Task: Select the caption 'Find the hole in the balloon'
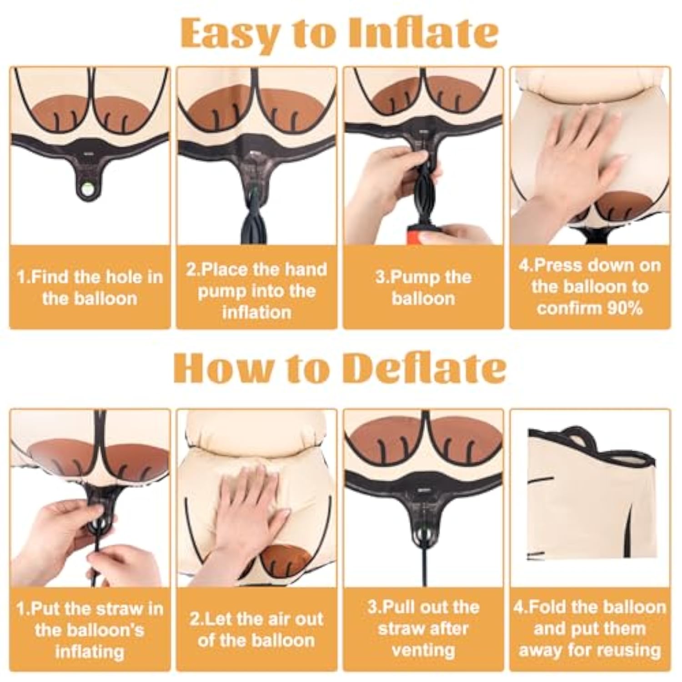click(x=90, y=287)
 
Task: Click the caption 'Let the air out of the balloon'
click(x=256, y=629)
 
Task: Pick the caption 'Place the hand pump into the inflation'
click(x=256, y=291)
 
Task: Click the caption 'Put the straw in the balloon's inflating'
click(x=90, y=630)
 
